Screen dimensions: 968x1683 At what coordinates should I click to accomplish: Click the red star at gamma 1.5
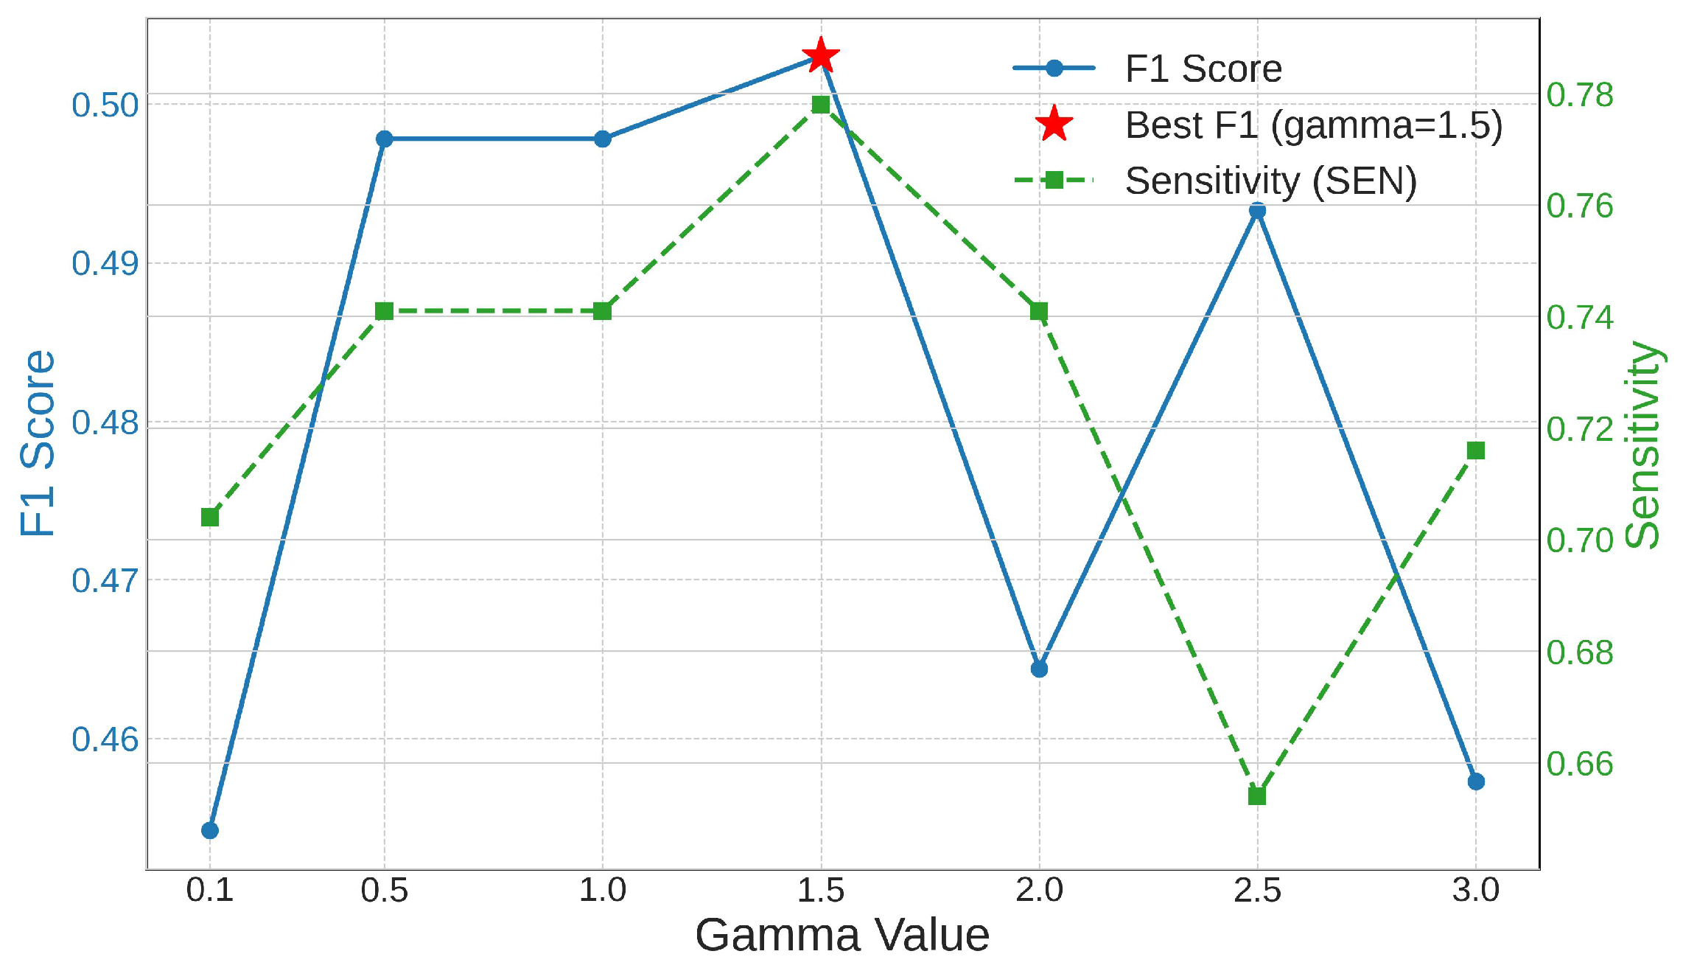click(820, 56)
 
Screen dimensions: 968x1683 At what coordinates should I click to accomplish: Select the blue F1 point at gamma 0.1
click(210, 831)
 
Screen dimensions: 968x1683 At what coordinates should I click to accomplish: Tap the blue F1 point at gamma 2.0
click(1039, 669)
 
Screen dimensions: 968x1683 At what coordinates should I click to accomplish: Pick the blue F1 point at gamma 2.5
click(1257, 212)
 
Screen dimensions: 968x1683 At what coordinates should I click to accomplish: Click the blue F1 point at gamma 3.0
click(1476, 781)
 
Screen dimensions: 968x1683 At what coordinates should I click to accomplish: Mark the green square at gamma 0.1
click(210, 518)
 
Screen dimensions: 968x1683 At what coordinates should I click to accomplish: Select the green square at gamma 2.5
click(1257, 796)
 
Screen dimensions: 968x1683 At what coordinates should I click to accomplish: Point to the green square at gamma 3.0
click(1476, 451)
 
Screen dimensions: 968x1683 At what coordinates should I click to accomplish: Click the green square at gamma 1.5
click(820, 105)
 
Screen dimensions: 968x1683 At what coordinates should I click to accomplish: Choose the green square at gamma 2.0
click(1039, 311)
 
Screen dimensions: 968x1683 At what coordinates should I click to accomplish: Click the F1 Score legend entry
click(1203, 69)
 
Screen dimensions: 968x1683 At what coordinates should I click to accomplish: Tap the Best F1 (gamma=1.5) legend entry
click(1313, 125)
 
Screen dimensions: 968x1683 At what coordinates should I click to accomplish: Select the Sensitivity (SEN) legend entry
click(1270, 181)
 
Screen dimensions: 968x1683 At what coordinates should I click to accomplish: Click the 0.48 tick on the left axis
click(105, 423)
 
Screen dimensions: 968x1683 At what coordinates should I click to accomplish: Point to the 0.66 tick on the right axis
click(1580, 764)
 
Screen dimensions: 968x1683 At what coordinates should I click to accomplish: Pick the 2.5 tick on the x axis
click(1257, 891)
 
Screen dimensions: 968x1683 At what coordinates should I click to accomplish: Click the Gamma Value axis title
click(841, 936)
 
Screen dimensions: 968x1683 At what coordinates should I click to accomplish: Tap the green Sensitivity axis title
click(1643, 444)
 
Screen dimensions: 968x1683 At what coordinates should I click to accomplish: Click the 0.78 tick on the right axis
click(1580, 95)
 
